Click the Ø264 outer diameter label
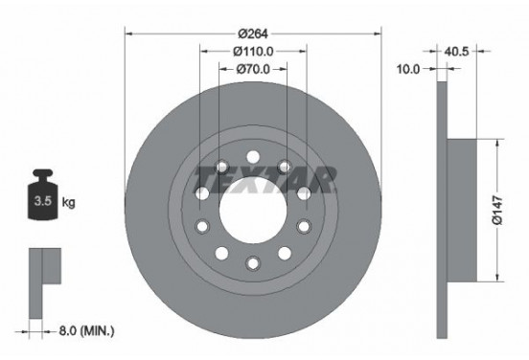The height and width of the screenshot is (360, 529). (253, 34)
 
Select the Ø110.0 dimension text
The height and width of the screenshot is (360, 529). (253, 52)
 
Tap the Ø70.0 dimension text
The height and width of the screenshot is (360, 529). (253, 69)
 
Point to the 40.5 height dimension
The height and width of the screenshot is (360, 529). (456, 52)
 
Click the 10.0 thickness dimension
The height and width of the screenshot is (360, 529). (408, 69)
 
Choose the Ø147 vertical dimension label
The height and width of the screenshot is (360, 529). (497, 210)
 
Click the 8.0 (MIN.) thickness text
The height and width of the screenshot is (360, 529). (86, 330)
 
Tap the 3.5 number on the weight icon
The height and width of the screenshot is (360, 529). (43, 201)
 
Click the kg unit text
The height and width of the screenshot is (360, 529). (68, 202)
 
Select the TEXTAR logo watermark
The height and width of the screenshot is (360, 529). (265, 180)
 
